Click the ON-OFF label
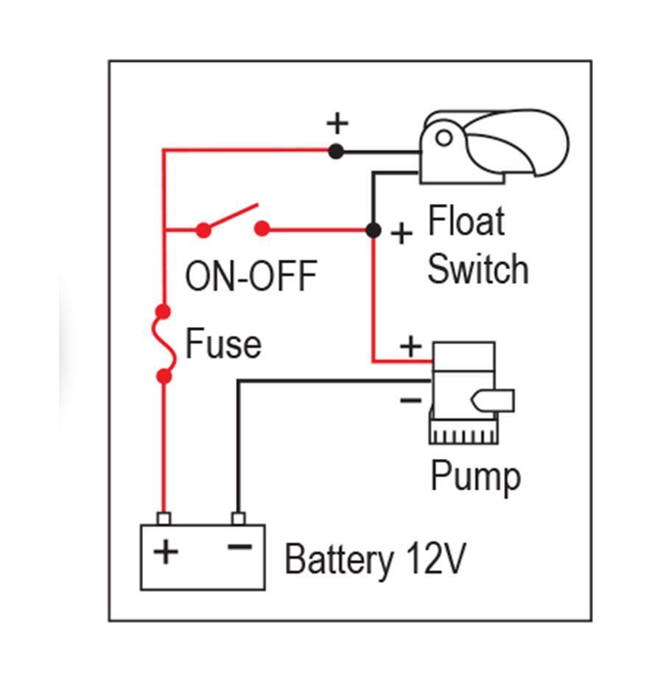(250, 277)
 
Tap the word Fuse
(222, 344)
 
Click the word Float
(466, 221)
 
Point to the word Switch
(477, 269)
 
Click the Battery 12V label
(375, 559)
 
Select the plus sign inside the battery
(166, 551)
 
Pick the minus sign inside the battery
(238, 548)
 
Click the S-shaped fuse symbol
(165, 344)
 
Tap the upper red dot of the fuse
(164, 312)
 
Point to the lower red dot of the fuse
(164, 376)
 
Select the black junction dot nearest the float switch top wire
(336, 152)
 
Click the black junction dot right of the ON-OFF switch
(374, 231)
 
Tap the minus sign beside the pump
(410, 401)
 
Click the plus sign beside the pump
(410, 345)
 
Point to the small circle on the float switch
(443, 138)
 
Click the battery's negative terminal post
(237, 518)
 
